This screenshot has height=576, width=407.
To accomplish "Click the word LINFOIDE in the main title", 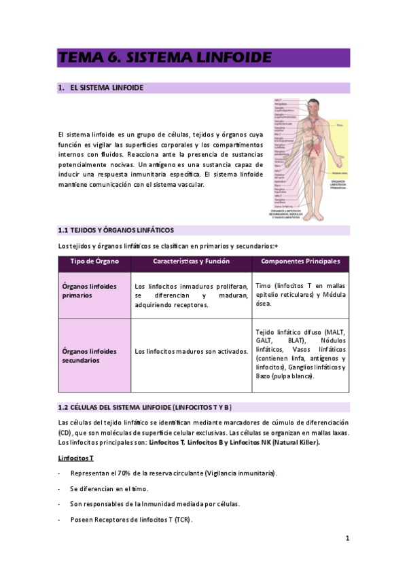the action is tap(228, 58).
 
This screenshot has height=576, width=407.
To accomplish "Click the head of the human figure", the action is tap(313, 107).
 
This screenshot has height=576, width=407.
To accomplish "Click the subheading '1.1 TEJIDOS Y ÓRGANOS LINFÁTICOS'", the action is tap(116, 231).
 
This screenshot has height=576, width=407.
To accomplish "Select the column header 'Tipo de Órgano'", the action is tap(94, 262).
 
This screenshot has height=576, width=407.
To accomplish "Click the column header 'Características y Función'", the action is tap(191, 262).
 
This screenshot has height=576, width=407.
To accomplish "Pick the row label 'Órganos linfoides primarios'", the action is tap(85, 291).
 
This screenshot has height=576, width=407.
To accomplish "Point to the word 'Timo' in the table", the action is tap(262, 286).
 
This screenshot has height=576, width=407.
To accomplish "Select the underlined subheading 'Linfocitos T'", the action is tap(76, 458).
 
